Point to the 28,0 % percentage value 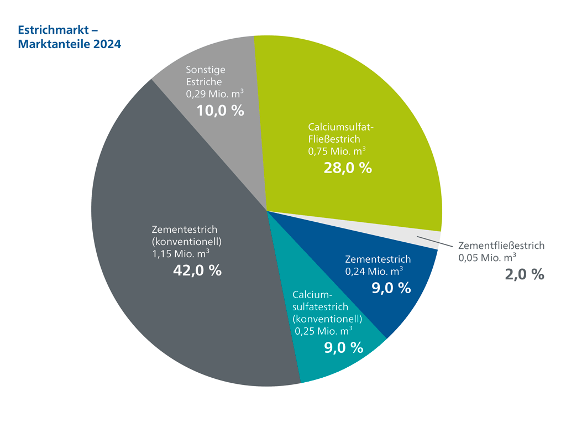pos(348,168)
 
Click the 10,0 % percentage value pos(220,110)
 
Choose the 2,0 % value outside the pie pos(525,274)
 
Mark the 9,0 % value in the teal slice pos(343,347)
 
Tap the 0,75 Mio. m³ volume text pos(337,150)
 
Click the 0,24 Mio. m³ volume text pos(374,271)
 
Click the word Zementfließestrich pos(501,245)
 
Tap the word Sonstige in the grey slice pos(206,70)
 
